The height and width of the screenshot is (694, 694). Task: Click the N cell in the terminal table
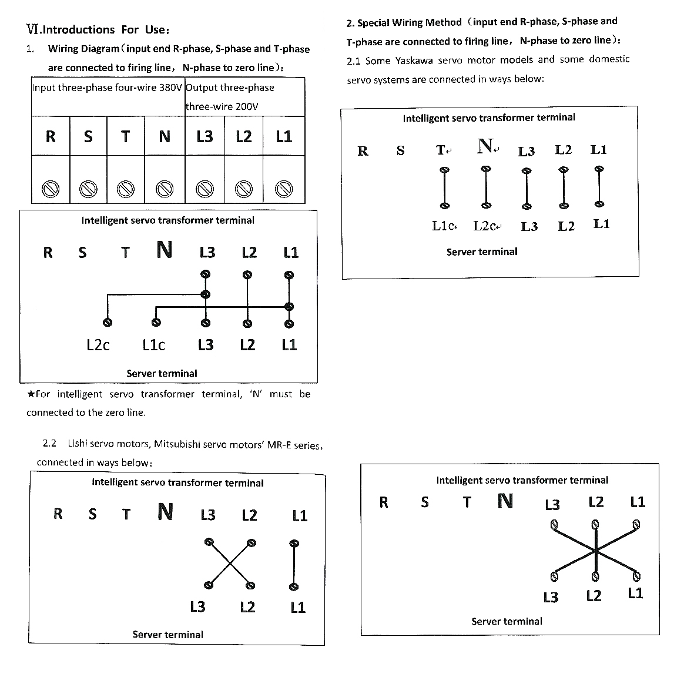pos(165,136)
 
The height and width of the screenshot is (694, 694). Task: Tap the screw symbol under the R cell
pos(51,189)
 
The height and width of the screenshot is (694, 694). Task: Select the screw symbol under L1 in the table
pos(284,189)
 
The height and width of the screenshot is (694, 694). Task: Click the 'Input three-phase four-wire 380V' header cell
pos(108,88)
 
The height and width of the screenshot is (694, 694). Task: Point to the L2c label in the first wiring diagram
pos(98,345)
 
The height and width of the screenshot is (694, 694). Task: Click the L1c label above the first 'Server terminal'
pos(153,345)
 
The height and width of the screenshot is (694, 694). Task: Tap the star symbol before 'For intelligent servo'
pos(31,394)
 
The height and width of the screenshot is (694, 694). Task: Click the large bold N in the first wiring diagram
pos(165,250)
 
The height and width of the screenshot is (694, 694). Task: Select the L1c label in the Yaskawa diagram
pos(444,226)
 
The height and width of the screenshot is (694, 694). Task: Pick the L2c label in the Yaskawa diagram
pos(486,226)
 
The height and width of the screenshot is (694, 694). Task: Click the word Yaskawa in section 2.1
pos(414,61)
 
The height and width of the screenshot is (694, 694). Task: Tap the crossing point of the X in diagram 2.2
pos(229,564)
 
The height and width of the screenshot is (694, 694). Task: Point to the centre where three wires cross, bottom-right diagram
pos(595,551)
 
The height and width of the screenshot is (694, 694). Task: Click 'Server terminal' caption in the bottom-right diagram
pos(507,621)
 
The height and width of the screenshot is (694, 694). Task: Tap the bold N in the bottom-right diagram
pos(505,501)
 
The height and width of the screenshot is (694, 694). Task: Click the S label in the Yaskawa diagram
pos(400,150)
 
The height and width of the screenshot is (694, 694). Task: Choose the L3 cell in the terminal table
pos(204,136)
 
